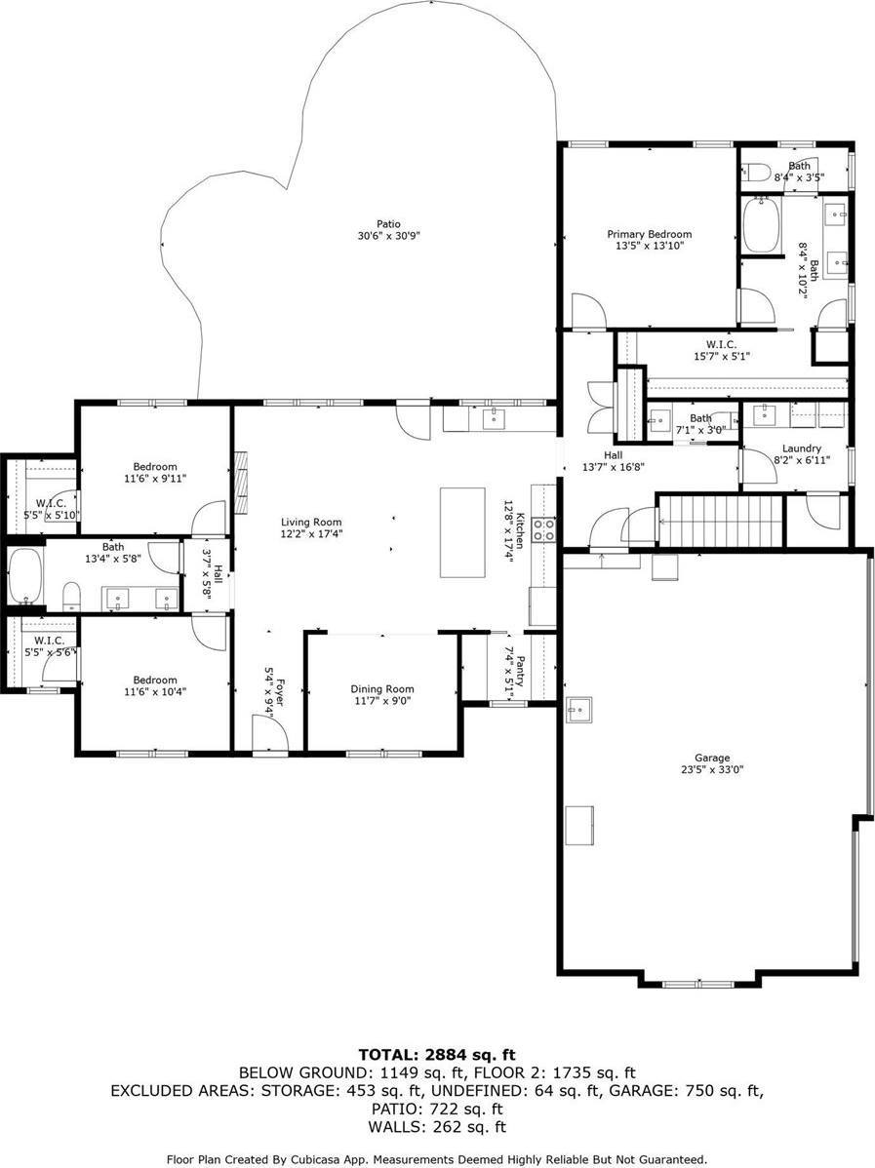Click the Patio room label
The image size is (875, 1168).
387,223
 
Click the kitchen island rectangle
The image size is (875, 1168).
462,532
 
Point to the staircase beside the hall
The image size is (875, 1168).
719,523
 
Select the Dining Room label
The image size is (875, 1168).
382,689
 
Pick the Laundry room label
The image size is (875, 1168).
802,448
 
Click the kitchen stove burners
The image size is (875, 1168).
545,528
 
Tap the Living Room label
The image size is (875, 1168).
311,523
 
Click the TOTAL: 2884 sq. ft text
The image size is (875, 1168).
437,1054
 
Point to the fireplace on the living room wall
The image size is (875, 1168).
242,483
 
